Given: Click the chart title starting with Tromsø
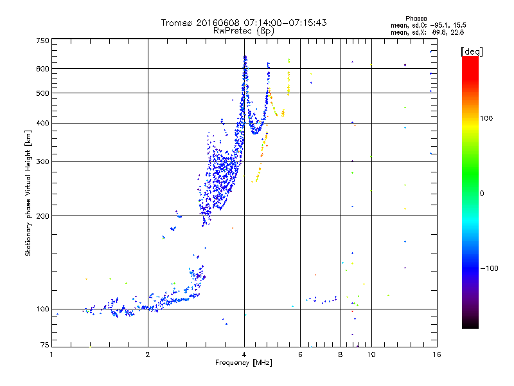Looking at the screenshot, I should [x=244, y=23].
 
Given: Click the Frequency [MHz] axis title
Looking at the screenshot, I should [x=244, y=363].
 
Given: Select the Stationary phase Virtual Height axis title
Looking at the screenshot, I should [x=28, y=193].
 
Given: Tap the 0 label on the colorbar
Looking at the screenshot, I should [x=481, y=193].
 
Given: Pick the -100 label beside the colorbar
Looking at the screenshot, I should [x=488, y=268].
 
